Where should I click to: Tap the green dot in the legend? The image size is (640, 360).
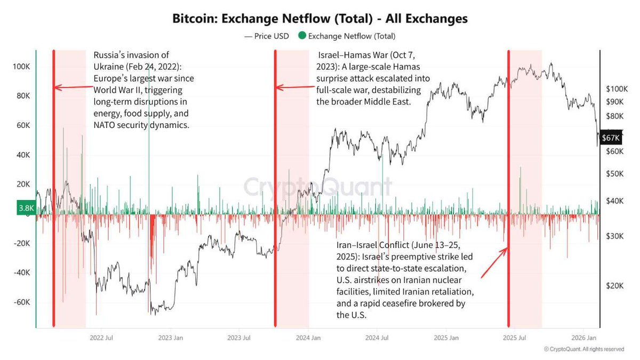pyautogui.click(x=302, y=36)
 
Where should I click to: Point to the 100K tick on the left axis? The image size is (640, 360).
pyautogui.click(x=21, y=68)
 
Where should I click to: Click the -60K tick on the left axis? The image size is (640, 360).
pyautogui.click(x=21, y=302)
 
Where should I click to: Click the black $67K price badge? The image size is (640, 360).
pyautogui.click(x=611, y=138)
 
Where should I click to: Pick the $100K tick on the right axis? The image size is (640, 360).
pyautogui.click(x=618, y=89)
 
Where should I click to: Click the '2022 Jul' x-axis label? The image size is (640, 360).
pyautogui.click(x=101, y=338)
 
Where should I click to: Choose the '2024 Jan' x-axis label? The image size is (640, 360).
pyautogui.click(x=308, y=338)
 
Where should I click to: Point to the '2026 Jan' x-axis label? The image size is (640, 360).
pyautogui.click(x=584, y=338)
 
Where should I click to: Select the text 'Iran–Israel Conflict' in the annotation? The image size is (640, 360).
pyautogui.click(x=373, y=246)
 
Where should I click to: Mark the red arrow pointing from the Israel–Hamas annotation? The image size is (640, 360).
pyautogui.click(x=294, y=88)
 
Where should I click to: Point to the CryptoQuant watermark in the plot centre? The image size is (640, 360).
pyautogui.click(x=318, y=187)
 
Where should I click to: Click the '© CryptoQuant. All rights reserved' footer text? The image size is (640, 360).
pyautogui.click(x=583, y=349)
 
